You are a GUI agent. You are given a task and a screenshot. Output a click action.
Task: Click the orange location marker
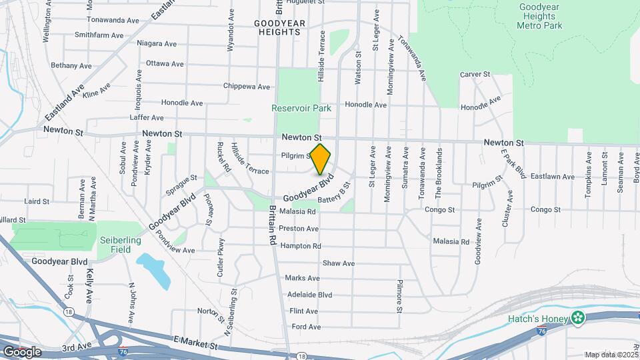321,159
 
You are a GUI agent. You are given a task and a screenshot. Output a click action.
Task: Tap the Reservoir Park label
301,108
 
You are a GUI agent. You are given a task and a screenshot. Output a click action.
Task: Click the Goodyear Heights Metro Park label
539,16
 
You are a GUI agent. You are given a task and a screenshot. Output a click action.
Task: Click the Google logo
21,351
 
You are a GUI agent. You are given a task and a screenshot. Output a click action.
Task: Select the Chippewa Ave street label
246,87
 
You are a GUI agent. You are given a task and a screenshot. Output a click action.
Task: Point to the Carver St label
475,75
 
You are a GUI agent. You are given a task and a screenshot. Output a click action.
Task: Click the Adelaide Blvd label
308,294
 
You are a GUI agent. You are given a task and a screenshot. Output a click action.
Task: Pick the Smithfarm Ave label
99,35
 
